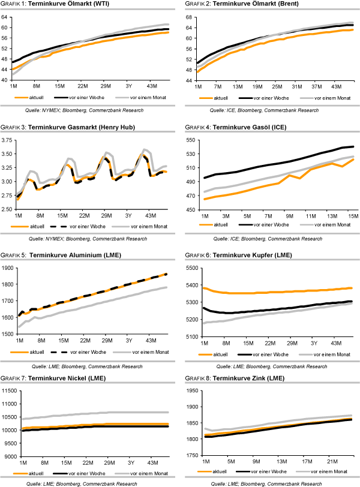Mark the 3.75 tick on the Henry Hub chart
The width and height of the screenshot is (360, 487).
point(9,140)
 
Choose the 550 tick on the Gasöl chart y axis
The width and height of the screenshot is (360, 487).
point(192,140)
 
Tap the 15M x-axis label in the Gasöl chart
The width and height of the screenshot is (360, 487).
point(349,215)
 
